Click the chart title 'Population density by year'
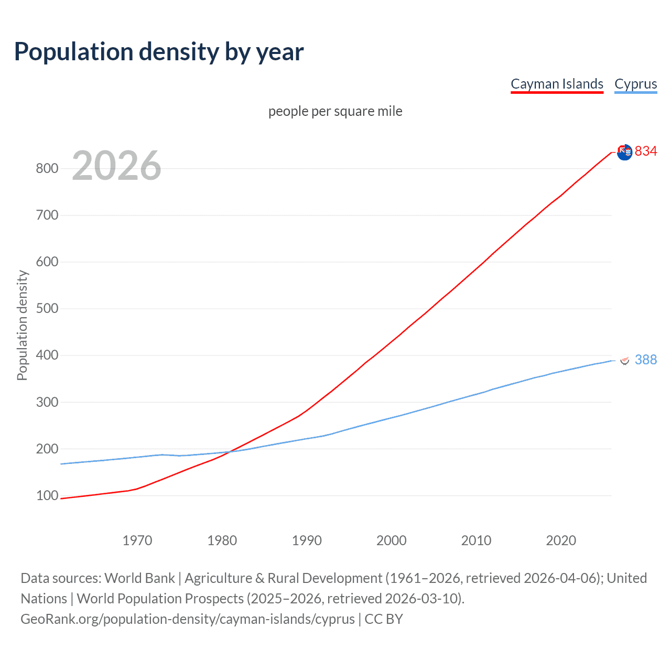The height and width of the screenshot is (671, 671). [x=159, y=52]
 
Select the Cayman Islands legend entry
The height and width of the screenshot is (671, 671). [x=557, y=84]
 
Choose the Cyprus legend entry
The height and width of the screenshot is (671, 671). [x=635, y=84]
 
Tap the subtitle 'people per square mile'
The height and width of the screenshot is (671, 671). [x=335, y=111]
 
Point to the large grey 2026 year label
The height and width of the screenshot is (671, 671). [x=116, y=166]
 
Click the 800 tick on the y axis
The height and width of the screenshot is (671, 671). [x=47, y=168]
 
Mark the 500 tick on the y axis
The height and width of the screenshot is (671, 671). [x=47, y=308]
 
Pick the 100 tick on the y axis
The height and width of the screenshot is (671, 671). [x=47, y=495]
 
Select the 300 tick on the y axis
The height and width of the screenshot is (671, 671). [x=47, y=402]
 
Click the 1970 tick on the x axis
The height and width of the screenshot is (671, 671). [x=137, y=540]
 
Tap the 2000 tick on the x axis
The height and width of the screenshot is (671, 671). [x=391, y=540]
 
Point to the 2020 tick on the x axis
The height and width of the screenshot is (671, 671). [x=561, y=540]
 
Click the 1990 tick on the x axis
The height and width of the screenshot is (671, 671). [x=307, y=540]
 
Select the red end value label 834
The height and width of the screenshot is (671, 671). [x=645, y=151]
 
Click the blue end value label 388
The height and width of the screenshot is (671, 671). [x=645, y=360]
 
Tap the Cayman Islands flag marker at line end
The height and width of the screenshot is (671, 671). [x=624, y=152]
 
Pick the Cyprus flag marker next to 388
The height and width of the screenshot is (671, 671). [x=624, y=360]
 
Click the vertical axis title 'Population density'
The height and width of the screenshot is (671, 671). [x=22, y=325]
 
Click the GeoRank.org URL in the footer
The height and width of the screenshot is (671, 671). [x=188, y=619]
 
